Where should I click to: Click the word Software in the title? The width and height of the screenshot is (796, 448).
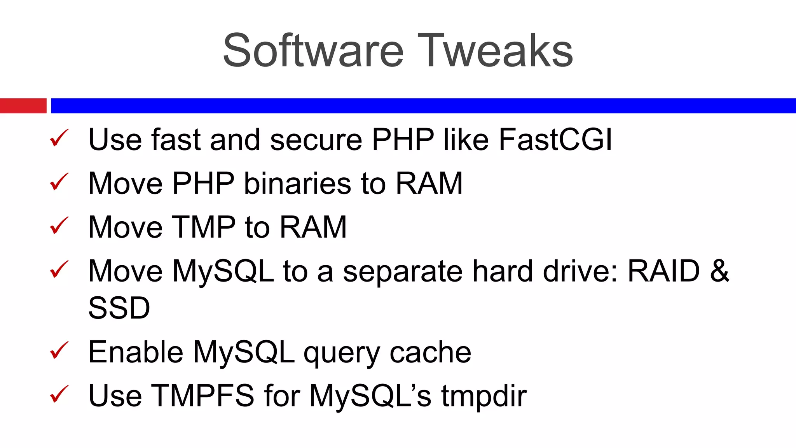(x=313, y=51)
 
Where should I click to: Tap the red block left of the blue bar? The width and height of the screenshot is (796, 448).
(x=23, y=106)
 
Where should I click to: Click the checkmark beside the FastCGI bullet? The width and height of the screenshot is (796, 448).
(x=59, y=138)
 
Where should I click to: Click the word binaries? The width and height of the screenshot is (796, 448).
(x=297, y=183)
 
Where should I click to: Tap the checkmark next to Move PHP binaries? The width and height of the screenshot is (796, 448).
(x=59, y=182)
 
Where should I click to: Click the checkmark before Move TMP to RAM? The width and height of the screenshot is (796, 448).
(x=59, y=226)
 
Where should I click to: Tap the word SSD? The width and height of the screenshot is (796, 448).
(x=119, y=308)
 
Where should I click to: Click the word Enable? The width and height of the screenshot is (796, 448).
(x=136, y=352)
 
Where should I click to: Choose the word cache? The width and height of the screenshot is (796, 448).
(x=430, y=352)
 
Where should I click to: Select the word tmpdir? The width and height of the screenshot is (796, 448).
(x=484, y=396)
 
